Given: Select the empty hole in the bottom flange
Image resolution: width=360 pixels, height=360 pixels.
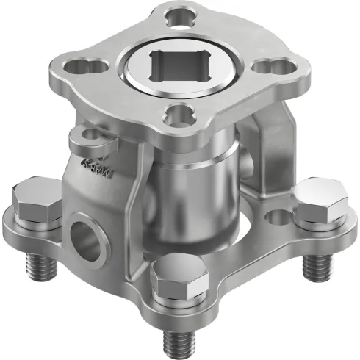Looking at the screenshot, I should [x=276, y=217].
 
